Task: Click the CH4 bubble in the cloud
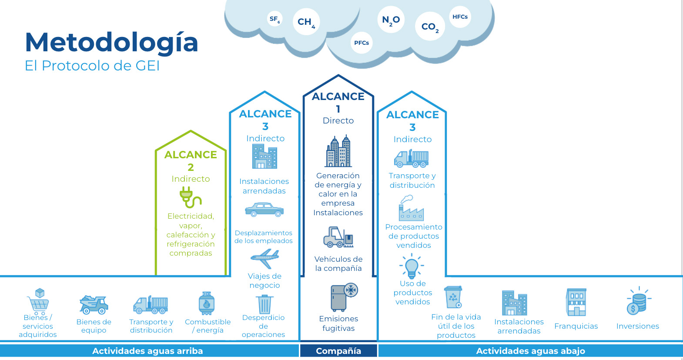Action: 306,22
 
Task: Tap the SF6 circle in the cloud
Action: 275,19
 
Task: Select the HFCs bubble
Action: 460,17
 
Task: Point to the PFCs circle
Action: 362,43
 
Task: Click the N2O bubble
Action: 391,20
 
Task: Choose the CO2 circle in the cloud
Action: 430,27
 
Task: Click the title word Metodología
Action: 111,42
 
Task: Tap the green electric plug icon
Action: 190,197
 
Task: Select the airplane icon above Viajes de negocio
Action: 264,259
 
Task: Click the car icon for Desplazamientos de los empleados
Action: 264,210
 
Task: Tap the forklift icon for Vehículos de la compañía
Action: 338,237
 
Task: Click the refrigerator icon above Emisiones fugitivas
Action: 343,297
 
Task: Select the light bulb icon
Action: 412,266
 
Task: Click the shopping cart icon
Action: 38,300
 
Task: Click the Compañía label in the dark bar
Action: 338,351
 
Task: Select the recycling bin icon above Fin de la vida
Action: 453,297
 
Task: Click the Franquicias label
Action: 576,326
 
